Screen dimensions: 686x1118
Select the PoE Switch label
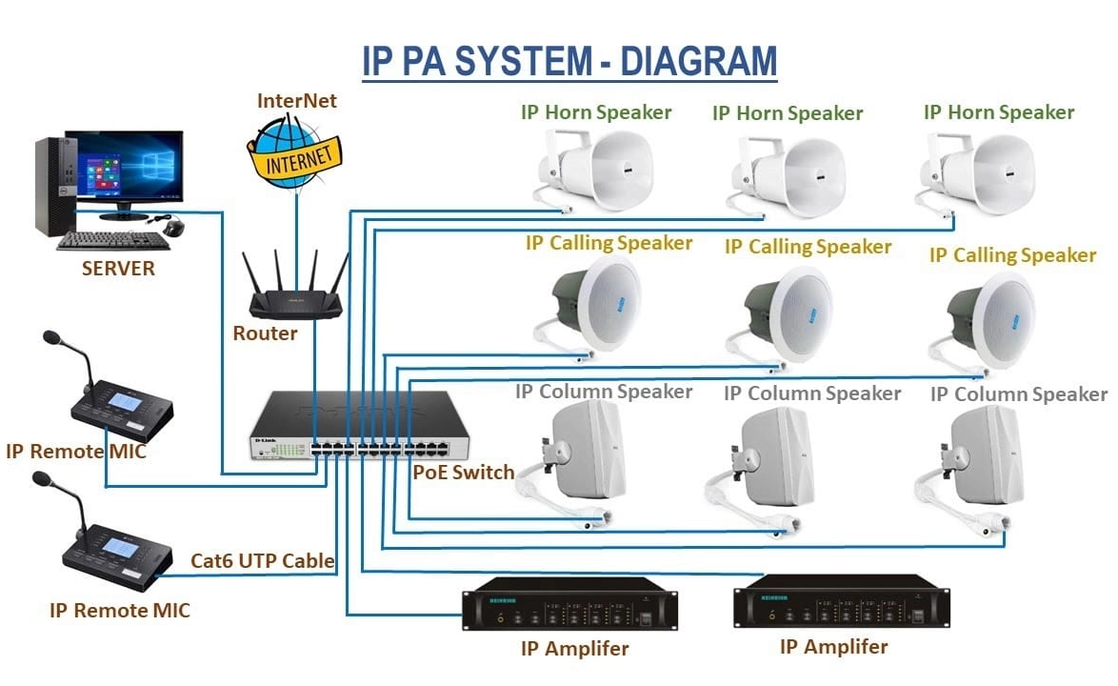pos(464,471)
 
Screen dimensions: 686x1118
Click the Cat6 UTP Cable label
pos(263,561)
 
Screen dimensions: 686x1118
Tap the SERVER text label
pos(118,269)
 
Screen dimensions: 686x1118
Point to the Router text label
pos(266,333)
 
